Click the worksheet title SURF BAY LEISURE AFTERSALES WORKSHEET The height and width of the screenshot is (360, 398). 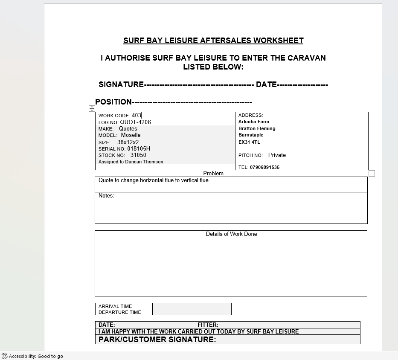coord(213,41)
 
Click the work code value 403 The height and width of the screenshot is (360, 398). coord(137,115)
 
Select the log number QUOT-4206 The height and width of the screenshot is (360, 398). coord(135,122)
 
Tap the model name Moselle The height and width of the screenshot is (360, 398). coord(131,135)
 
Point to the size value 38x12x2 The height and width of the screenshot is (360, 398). coord(128,142)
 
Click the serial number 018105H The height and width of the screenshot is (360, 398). coord(139,149)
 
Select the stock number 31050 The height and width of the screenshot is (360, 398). coord(138,155)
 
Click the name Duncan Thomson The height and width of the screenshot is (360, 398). coord(144,162)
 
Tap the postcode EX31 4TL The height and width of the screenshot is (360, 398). coord(249,142)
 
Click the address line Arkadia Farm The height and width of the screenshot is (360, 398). coord(254,122)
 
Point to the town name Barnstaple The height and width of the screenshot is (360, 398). coord(251,135)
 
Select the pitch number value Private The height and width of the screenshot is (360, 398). coord(277,155)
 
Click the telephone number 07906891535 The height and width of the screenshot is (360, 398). coord(264,167)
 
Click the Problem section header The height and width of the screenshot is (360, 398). coord(213,174)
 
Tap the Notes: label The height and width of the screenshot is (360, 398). coord(106,196)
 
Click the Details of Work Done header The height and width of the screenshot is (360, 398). coord(231,234)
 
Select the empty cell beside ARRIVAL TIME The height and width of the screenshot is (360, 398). coord(192,306)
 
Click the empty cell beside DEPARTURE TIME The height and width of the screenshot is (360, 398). coord(192,312)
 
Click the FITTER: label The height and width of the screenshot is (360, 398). coord(208,325)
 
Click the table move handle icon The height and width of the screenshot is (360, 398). coord(92,109)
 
